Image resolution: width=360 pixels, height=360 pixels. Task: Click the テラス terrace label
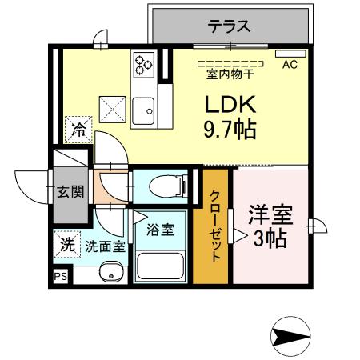[x=230, y=25]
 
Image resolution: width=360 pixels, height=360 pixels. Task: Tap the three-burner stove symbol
[x=144, y=63]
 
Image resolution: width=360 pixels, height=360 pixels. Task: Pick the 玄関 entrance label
[x=70, y=192]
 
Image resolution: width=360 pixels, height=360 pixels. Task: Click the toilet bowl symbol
[x=165, y=186]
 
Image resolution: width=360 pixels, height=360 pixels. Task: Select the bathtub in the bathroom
[x=161, y=263]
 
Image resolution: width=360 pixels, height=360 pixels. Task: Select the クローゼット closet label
[x=216, y=226]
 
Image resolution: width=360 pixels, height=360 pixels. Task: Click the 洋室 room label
[x=269, y=215]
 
